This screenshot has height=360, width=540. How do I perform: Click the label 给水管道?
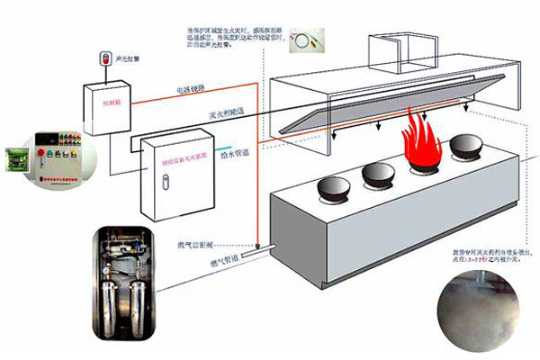236,153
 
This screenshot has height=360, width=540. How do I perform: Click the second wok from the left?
375,174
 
